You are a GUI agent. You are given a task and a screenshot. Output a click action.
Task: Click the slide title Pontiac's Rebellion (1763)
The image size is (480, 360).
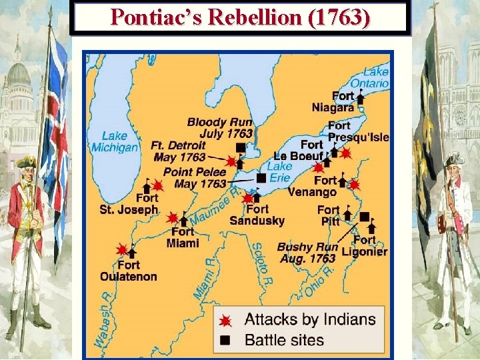click(240, 17)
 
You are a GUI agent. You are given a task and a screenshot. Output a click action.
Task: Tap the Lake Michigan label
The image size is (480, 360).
click(115, 141)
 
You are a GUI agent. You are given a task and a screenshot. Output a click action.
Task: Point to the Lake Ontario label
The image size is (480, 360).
click(373, 77)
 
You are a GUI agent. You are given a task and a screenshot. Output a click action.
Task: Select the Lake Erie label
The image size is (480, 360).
click(280, 172)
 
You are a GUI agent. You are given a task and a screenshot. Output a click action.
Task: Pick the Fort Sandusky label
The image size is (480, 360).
click(257, 215)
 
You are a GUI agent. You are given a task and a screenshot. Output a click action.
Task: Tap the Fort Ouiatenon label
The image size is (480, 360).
click(129, 271)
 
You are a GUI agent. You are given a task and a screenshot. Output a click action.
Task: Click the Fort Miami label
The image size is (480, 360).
click(182, 237)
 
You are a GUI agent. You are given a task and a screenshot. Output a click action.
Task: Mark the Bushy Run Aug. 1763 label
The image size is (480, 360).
click(306, 252)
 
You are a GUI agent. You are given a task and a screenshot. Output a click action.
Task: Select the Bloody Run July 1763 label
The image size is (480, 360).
click(219, 127)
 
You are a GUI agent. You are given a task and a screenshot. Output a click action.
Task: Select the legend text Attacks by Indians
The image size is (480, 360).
click(310, 319)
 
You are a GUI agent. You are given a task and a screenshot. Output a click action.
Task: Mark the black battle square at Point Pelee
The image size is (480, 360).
click(261, 177)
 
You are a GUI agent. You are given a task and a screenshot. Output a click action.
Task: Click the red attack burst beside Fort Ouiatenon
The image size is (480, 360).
click(121, 249)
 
